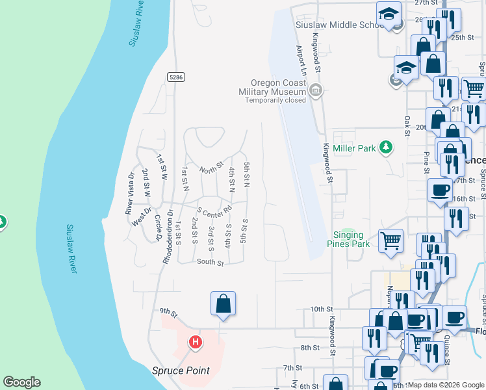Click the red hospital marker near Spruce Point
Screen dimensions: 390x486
point(195,341)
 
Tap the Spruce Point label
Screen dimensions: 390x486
point(181,370)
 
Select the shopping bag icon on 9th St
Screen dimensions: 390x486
point(223,304)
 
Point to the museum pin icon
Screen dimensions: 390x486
point(316,90)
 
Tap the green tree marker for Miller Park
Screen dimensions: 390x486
point(386,148)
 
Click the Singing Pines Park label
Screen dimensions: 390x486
point(348,239)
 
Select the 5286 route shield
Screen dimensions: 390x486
point(176,77)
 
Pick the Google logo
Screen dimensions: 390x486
point(21,382)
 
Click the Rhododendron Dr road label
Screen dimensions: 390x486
point(167,230)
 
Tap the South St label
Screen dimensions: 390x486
point(210,263)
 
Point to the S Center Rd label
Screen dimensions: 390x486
point(215,212)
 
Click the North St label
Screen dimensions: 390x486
point(211,170)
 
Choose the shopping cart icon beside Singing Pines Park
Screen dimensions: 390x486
point(391,240)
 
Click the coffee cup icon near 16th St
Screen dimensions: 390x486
point(440,189)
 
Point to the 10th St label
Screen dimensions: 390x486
point(321,309)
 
